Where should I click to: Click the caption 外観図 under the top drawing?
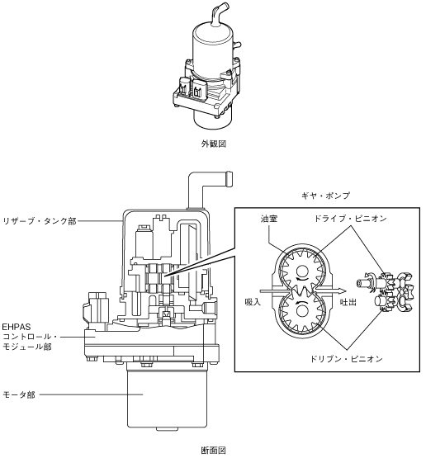[214, 144]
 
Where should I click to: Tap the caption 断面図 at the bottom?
[214, 451]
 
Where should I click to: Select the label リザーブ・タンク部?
[40, 221]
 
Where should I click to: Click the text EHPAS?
[17, 327]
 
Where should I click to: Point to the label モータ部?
[19, 395]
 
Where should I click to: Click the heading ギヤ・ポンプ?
[325, 196]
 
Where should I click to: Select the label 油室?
[269, 219]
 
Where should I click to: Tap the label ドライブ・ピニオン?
[350, 219]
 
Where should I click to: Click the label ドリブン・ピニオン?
[346, 359]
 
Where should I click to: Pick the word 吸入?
[253, 302]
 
